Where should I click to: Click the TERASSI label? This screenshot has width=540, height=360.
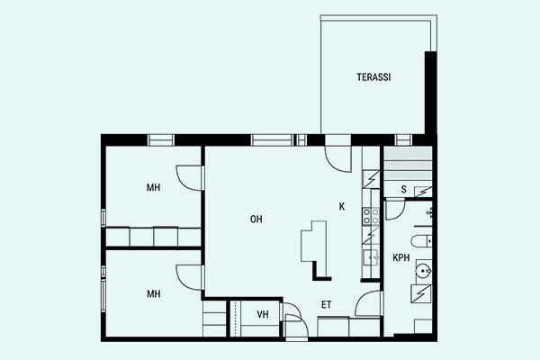point(373,77)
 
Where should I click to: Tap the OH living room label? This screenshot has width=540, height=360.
point(256,219)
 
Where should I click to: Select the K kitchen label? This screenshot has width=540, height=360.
point(342,206)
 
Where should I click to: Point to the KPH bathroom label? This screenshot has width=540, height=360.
point(401,257)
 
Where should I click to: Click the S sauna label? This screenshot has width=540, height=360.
point(403,189)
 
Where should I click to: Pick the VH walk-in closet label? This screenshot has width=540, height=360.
point(263,314)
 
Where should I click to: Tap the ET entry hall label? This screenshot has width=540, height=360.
point(327,304)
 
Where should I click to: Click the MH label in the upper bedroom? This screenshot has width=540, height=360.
point(153,187)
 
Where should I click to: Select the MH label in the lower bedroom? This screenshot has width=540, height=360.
point(154,294)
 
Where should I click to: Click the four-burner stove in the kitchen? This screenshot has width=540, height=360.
point(371,216)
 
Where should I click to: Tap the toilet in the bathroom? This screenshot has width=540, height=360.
point(421,241)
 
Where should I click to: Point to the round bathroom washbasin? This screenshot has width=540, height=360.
point(423,271)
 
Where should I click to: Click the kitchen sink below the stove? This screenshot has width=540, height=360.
point(371,257)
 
